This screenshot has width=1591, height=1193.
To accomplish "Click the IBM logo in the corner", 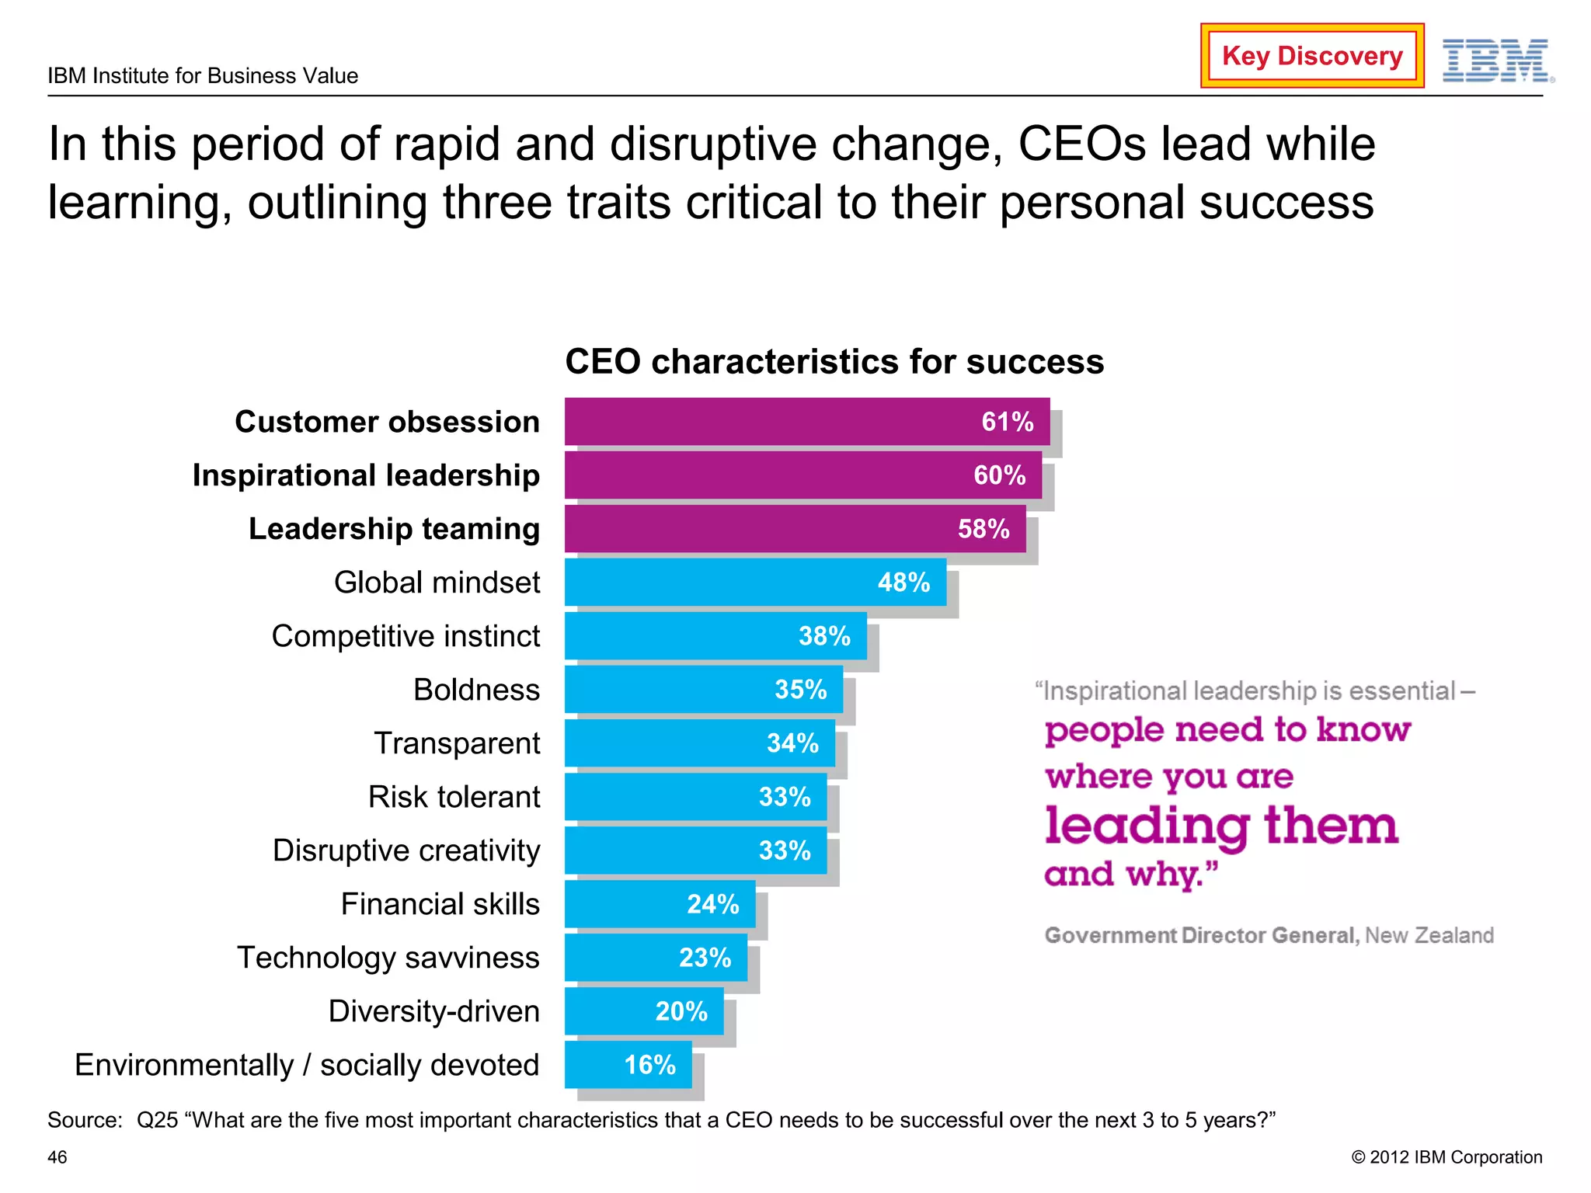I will coord(1496,61).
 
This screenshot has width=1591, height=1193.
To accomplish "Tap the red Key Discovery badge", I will coord(1311,56).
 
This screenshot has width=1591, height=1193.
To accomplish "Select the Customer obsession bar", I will coord(777,422).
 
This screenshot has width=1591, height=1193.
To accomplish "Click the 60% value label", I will coord(999,475).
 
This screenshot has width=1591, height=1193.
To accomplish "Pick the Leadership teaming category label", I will coord(394,529).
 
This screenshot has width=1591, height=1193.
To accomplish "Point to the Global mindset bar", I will coord(722,583).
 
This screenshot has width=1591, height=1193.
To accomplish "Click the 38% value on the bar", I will coord(824,636).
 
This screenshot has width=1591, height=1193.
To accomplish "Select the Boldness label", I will coord(476,690).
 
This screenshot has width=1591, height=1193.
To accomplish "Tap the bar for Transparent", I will coord(668,743).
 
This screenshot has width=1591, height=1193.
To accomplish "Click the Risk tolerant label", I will coord(454,797).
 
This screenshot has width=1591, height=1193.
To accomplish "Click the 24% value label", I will coord(712,904).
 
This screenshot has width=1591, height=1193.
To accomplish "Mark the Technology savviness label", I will coord(388,958).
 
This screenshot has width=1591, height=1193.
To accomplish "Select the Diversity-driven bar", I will coord(614,1011).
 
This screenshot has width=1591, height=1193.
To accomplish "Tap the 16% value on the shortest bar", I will coord(649,1065).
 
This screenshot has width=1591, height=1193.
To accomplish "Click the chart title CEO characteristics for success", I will coord(834,362).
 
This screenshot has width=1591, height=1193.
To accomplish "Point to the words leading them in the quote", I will coord(1220,826).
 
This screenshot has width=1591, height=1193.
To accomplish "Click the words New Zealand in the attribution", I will coord(1429,935).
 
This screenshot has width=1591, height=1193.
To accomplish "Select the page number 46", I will coord(57,1157).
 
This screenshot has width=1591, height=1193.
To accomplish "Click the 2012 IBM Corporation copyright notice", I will coord(1447,1157).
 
